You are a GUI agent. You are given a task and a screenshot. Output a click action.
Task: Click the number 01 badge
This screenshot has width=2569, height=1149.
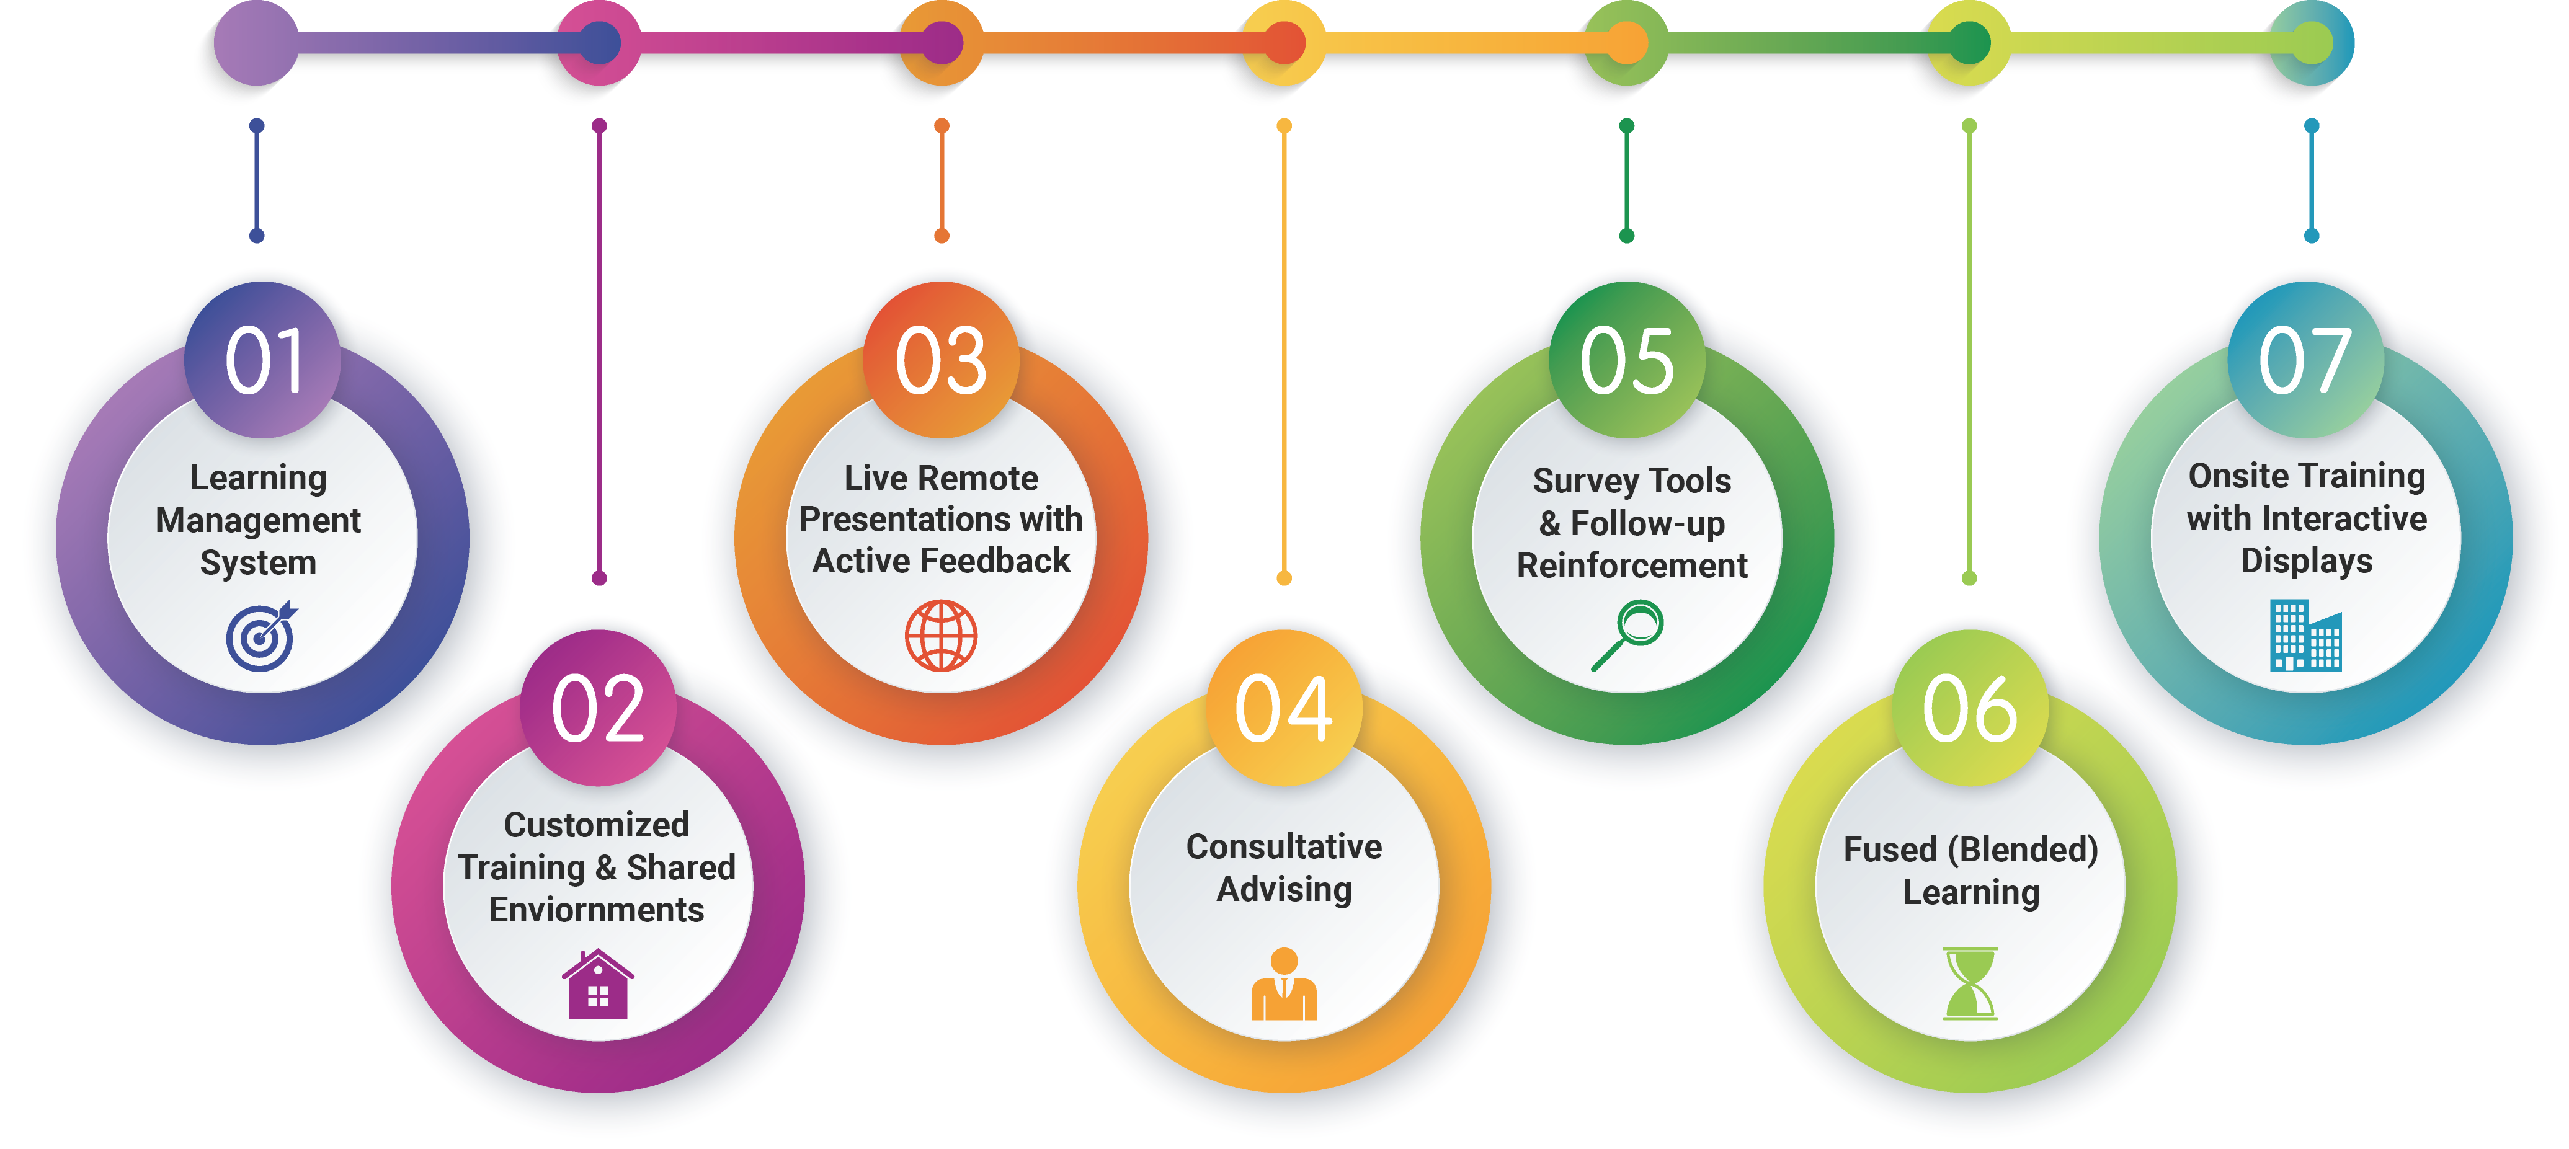pos(262,360)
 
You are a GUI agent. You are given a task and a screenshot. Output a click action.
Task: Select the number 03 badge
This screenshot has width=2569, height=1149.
pos(942,360)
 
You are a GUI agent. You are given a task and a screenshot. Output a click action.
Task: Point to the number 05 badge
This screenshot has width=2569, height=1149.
pos(1627,360)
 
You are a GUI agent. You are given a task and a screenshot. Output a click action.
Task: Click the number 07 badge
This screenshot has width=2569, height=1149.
pos(2306,360)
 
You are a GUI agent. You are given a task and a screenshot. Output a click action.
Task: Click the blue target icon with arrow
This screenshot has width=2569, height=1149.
pos(261,636)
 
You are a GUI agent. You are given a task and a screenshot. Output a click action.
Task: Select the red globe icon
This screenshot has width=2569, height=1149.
pos(942,636)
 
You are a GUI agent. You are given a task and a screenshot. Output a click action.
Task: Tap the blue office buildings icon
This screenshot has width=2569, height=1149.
pos(2306,636)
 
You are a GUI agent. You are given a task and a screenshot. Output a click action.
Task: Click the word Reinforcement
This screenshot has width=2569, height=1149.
pos(1632,566)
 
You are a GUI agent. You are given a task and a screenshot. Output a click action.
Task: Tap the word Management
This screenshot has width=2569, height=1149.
pos(258,521)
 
